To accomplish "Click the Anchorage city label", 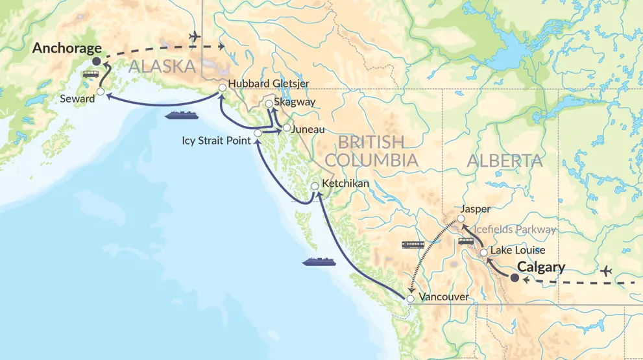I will point(67,48).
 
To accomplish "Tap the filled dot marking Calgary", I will point(515,278).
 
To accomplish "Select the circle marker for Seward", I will point(101,92).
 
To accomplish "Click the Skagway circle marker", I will point(269,103).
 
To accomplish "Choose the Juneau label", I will point(308,129).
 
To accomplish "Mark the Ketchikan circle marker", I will point(315,186).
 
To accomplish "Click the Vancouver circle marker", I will point(409,298).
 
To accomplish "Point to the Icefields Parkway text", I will point(515,230).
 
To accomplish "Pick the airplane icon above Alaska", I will point(193,36).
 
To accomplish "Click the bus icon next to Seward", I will point(90,74).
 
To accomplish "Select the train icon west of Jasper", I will point(413,245).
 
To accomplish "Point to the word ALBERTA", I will point(499,161).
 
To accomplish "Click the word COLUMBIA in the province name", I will point(372,160).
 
